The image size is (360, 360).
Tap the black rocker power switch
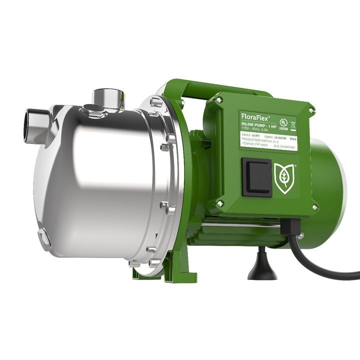coord(257,177)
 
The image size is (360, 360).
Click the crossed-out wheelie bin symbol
coord(292,121)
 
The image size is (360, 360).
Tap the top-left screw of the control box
coord(219,100)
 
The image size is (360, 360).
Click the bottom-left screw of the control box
coord(220,203)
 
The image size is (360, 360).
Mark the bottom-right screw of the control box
coord(314,207)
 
